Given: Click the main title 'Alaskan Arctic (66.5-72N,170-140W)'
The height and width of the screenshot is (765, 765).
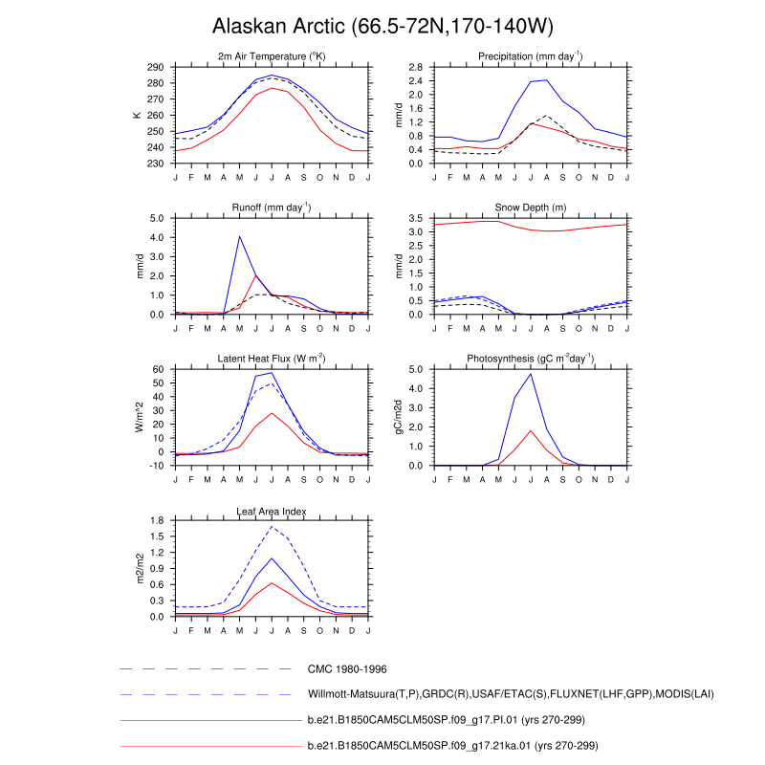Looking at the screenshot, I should tap(382, 25).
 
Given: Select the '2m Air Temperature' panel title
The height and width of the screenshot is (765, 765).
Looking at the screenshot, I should tap(272, 57).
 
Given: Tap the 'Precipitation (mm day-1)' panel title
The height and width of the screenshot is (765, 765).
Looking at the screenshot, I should tap(531, 57).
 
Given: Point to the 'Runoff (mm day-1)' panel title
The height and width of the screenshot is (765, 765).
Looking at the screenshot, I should tap(272, 208).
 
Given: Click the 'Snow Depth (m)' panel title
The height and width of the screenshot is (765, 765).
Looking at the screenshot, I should tap(531, 208).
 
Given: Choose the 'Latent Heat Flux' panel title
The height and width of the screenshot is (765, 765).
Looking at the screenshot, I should tap(272, 359).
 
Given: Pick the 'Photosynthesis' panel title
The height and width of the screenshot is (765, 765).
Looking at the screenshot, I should tap(531, 359).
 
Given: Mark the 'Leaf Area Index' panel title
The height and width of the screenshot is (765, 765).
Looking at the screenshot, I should tap(272, 510).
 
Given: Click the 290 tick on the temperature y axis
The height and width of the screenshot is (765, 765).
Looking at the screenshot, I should tap(156, 68).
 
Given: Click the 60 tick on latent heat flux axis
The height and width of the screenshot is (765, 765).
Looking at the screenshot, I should tap(160, 369).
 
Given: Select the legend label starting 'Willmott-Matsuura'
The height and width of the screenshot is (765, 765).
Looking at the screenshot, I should tap(511, 694).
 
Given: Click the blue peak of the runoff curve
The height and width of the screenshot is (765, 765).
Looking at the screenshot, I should tap(239, 236).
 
